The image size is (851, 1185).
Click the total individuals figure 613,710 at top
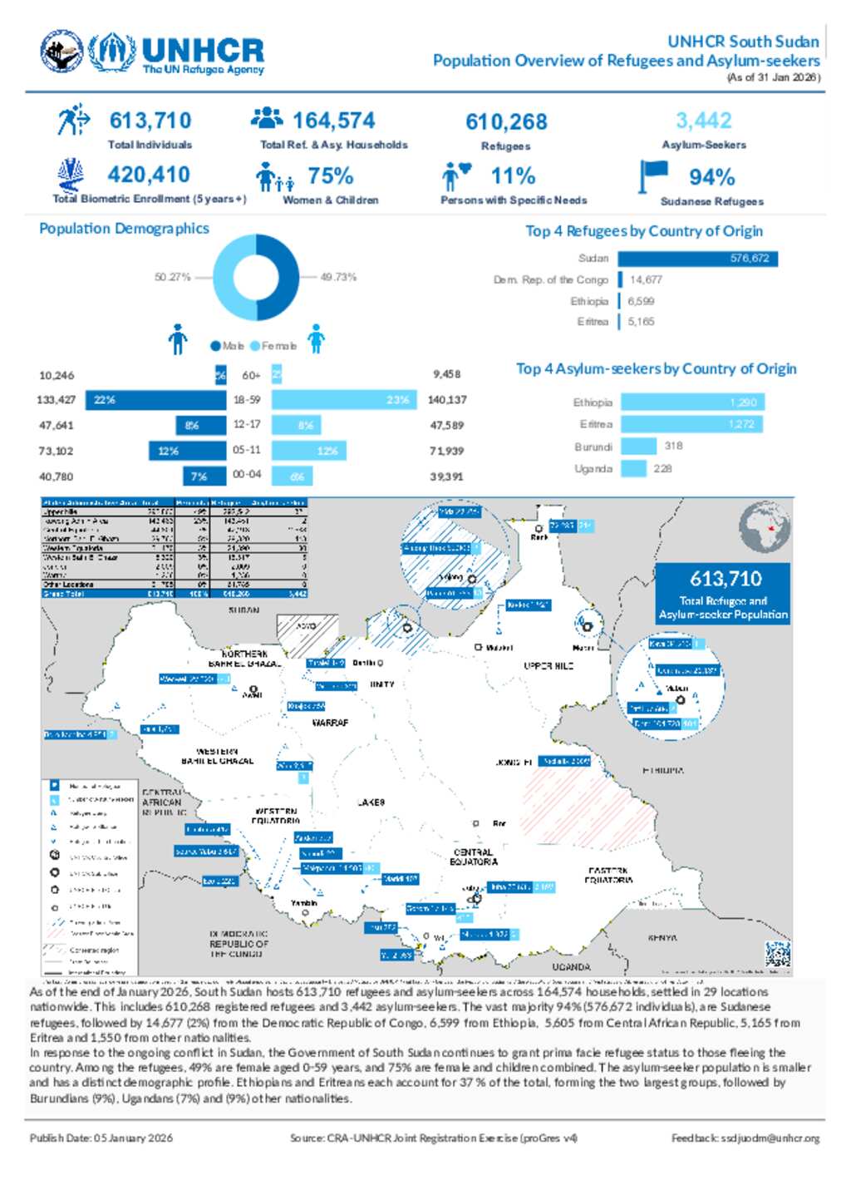[150, 121]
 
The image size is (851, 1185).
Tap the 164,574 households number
[333, 121]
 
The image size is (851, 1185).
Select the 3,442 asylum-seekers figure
[703, 121]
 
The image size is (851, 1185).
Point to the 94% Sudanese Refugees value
[711, 177]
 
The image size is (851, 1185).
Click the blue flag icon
[653, 175]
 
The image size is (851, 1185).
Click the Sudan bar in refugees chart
[697, 259]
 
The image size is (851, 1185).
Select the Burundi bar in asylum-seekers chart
[638, 447]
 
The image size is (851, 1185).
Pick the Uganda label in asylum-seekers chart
[593, 469]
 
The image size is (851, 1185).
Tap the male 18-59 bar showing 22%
[155, 400]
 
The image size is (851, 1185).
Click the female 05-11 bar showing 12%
[308, 451]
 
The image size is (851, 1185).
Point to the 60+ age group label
[250, 375]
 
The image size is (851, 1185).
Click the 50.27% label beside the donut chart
[172, 277]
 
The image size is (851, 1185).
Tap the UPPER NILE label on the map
[548, 666]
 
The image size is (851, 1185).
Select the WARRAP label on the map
[330, 723]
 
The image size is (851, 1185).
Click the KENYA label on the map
[662, 938]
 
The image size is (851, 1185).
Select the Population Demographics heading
[124, 229]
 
